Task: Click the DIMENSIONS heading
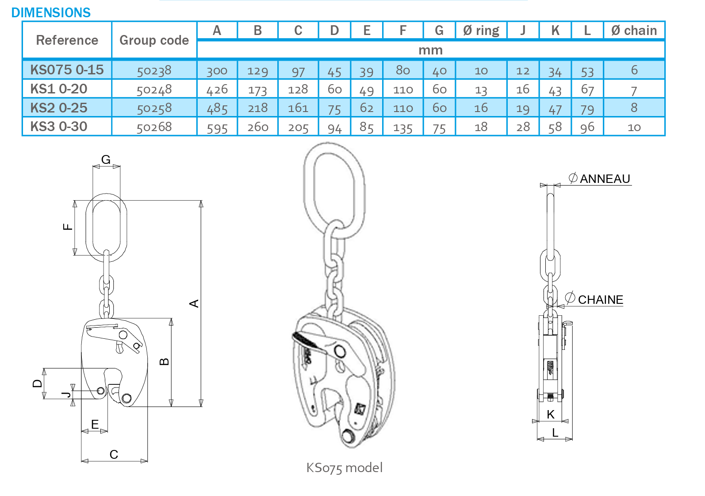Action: [51, 12]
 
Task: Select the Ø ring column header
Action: [481, 31]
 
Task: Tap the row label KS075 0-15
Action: [67, 70]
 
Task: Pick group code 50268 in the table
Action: [154, 127]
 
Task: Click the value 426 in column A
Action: [217, 89]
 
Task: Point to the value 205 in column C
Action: [298, 127]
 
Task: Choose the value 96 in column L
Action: [587, 127]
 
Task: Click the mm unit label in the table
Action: [430, 50]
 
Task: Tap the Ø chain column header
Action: [634, 31]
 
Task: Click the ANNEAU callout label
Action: [605, 178]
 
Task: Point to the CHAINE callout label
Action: [601, 300]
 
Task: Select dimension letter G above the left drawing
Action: [106, 159]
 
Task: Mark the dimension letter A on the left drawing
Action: [194, 303]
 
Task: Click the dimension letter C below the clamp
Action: [114, 454]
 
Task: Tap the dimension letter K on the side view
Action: [551, 415]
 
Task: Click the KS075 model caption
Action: [344, 468]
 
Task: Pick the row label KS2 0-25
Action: [59, 108]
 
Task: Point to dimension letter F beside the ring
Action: [68, 227]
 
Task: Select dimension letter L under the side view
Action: [555, 432]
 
